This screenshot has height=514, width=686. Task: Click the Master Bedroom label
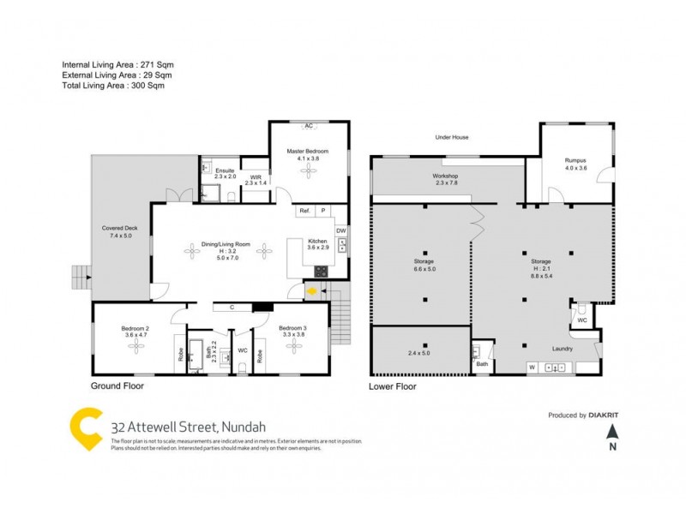coord(307,152)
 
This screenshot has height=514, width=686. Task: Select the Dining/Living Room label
coord(226,244)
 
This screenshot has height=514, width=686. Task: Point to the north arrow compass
coord(612,434)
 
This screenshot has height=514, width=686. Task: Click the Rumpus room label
coord(575,160)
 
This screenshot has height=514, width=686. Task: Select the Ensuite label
coord(225,170)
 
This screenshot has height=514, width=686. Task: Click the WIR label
coord(256,177)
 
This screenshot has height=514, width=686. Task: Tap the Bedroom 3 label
coord(293,328)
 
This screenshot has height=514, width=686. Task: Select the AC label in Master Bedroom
coord(308,126)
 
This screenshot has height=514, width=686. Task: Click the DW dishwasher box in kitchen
coord(340,230)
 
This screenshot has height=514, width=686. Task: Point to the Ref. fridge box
coord(304,211)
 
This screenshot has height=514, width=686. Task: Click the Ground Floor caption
coord(117,386)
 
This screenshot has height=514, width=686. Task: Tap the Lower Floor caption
coord(393,386)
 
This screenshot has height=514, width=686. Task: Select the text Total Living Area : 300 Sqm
coord(113,86)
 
